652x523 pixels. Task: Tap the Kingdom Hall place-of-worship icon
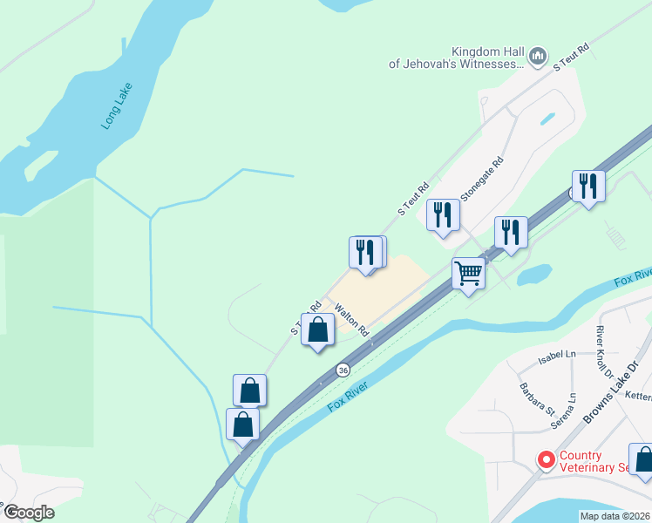pos(538,58)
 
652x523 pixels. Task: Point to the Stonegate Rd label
pos(482,179)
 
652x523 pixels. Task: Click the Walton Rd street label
pos(351,319)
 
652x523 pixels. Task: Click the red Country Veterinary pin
pos(546,458)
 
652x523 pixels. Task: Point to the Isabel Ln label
pos(558,354)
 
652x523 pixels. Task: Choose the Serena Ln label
pos(571,407)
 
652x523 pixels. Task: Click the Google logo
pos(30,512)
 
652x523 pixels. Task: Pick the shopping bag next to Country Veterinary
pos(643,459)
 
